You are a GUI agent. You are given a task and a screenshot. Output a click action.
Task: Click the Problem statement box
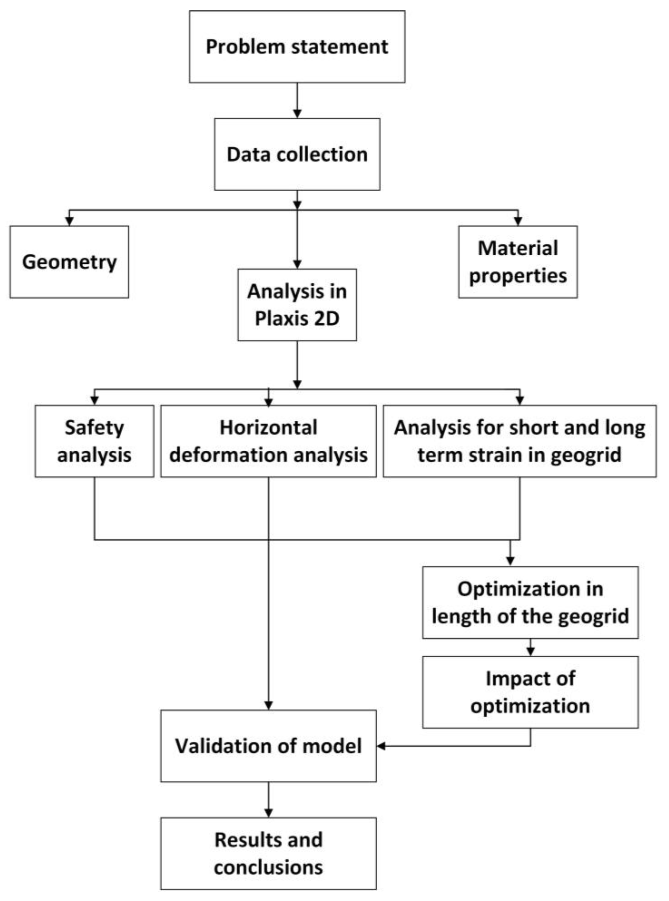(297, 47)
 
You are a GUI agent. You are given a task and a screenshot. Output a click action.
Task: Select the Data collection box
(297, 154)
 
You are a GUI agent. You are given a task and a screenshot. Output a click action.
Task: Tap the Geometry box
(69, 262)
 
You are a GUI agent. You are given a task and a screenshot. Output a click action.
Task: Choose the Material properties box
(518, 262)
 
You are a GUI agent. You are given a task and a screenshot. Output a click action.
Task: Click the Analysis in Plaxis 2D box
(297, 305)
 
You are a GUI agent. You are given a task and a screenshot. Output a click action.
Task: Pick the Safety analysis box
(94, 441)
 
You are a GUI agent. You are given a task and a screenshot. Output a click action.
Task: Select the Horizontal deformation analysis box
(268, 441)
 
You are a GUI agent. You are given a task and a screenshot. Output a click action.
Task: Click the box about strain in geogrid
(520, 441)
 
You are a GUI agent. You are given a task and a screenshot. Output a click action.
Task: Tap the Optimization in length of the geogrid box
(530, 603)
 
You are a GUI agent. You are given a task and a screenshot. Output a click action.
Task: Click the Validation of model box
(268, 746)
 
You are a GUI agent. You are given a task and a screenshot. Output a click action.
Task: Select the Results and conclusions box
(268, 854)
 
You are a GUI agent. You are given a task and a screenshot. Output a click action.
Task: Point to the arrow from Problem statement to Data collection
(297, 100)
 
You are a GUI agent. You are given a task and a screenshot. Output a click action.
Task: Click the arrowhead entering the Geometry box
(69, 221)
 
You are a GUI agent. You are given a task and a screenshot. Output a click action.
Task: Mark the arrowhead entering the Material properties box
(518, 221)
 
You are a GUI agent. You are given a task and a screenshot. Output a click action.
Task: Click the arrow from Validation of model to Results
(268, 800)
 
